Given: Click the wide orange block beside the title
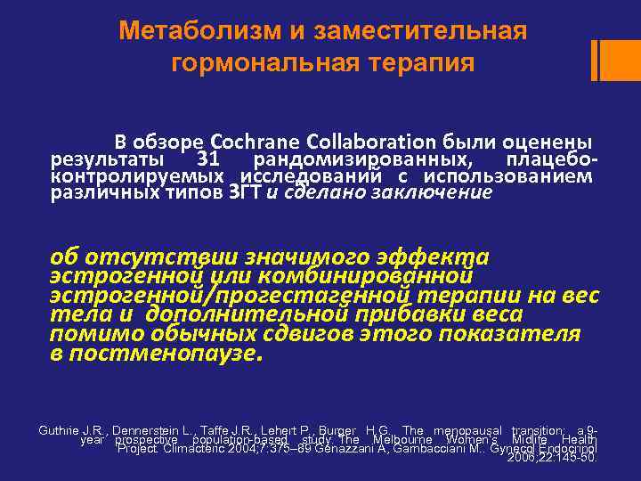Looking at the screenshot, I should point(621,60).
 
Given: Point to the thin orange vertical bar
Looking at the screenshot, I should point(595,60).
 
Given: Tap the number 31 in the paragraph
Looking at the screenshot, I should point(207,159).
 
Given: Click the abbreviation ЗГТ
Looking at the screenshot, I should point(246,192).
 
